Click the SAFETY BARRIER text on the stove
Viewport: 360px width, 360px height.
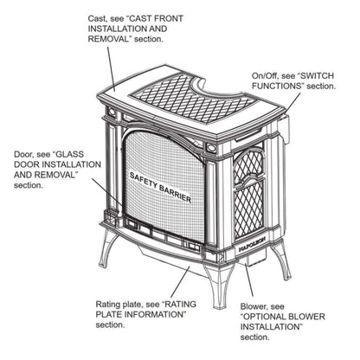pyautogui.click(x=160, y=186)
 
